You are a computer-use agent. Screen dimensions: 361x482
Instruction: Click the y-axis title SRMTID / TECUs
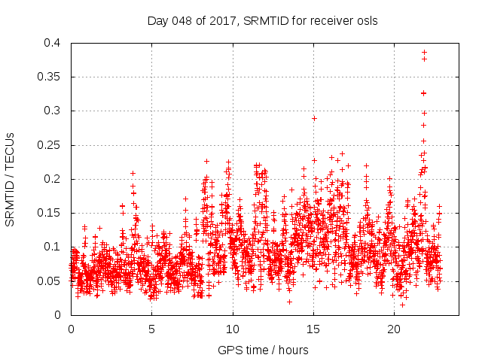[10, 179]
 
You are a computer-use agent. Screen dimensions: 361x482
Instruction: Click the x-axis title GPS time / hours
[263, 350]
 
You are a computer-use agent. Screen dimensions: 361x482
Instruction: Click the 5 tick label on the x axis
[151, 329]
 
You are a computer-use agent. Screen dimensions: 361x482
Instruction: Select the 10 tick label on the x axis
[233, 329]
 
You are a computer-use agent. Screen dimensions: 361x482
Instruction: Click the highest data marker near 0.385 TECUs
[424, 53]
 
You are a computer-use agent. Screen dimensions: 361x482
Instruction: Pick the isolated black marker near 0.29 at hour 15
[314, 118]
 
